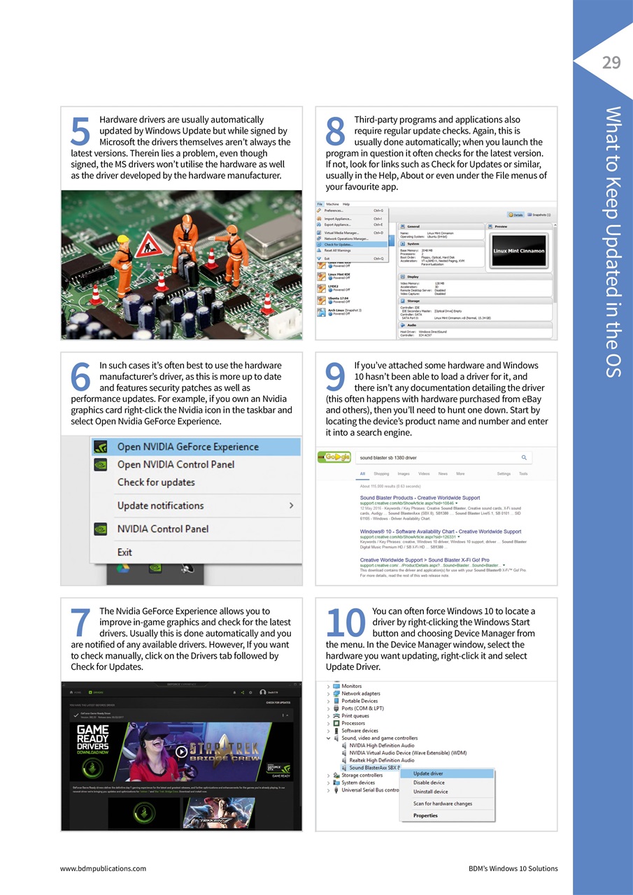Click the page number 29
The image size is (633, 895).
pyautogui.click(x=611, y=63)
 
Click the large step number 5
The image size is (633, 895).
pyautogui.click(x=80, y=133)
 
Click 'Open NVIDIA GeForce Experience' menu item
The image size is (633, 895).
pyautogui.click(x=187, y=447)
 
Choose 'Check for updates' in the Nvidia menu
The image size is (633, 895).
pyautogui.click(x=156, y=482)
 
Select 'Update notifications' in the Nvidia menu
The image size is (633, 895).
pyautogui.click(x=160, y=506)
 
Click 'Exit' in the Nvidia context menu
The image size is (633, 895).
pyautogui.click(x=125, y=552)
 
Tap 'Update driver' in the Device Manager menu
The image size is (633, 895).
pyautogui.click(x=428, y=773)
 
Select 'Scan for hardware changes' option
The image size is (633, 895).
pyautogui.click(x=442, y=803)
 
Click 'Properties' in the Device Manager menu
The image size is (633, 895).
pyautogui.click(x=425, y=815)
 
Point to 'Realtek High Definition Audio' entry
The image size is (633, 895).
pyautogui.click(x=381, y=760)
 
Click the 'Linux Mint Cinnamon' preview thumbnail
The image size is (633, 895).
pyautogui.click(x=520, y=251)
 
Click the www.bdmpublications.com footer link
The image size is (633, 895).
pyautogui.click(x=103, y=868)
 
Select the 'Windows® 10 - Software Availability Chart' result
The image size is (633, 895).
pyautogui.click(x=440, y=531)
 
